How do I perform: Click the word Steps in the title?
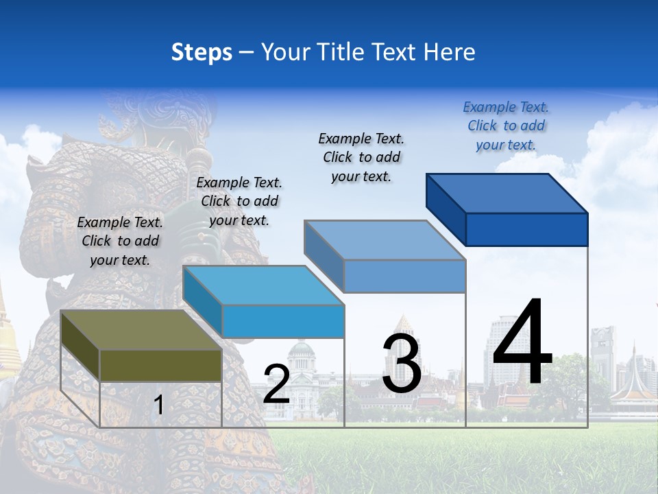pos(202,52)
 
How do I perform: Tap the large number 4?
pos(522,343)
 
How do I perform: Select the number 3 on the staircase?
pos(402,364)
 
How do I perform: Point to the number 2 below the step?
pos(276,384)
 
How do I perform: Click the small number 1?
pos(158,405)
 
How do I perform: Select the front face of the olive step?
pos(161,365)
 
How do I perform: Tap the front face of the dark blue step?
pos(526,229)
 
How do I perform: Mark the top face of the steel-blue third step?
pos(385,240)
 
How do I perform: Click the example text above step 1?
pos(120,241)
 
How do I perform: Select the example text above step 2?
pos(239,201)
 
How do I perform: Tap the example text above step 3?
pos(361,157)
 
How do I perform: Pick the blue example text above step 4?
pos(506,126)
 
